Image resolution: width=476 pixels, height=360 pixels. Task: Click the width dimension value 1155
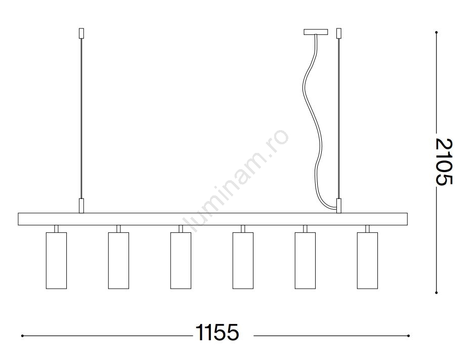pyautogui.click(x=217, y=332)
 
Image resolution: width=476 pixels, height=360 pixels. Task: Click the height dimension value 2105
pyautogui.click(x=444, y=162)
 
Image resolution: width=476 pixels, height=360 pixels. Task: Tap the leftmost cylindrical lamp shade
pyautogui.click(x=56, y=261)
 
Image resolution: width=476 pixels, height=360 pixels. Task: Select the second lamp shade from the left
pyautogui.click(x=118, y=261)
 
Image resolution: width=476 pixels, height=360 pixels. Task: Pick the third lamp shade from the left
pyautogui.click(x=181, y=261)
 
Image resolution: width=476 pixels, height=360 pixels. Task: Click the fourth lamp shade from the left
pyautogui.click(x=243, y=261)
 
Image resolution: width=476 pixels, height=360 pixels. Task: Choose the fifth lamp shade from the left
pyautogui.click(x=305, y=261)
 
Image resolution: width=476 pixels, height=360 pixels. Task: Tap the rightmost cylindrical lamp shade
pyautogui.click(x=367, y=261)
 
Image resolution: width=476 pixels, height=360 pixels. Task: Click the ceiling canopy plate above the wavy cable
pyautogui.click(x=316, y=32)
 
